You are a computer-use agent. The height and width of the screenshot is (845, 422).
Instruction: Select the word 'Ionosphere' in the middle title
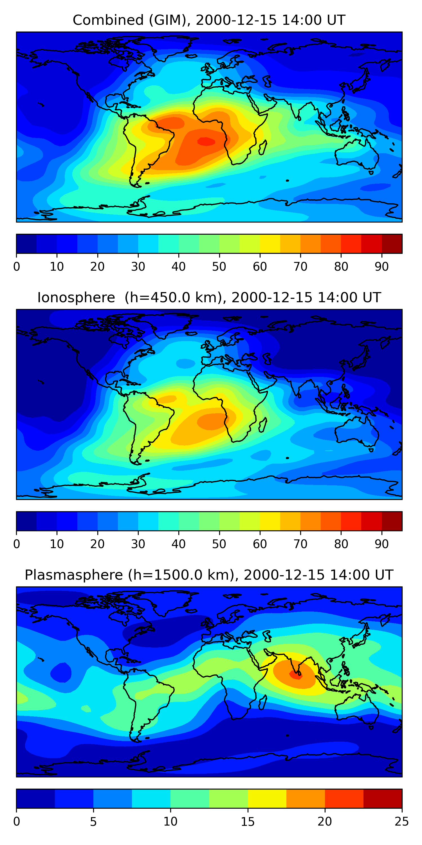click(76, 298)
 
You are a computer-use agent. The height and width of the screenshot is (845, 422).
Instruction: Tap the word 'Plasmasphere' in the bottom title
click(74, 575)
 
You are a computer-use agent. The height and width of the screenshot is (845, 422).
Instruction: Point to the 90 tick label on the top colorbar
click(382, 267)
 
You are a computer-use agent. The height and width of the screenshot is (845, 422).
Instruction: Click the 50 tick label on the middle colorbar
click(219, 544)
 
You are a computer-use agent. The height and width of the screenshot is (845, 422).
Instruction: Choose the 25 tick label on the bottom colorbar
click(402, 821)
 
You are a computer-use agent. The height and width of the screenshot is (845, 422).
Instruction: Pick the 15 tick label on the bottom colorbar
click(248, 821)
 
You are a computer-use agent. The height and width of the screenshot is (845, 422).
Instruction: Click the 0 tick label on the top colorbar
click(17, 267)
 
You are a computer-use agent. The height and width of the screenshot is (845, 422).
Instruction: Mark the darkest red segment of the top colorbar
click(392, 244)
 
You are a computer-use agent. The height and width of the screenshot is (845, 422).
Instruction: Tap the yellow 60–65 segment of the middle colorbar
click(270, 521)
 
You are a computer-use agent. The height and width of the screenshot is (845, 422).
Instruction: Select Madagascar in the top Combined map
click(262, 148)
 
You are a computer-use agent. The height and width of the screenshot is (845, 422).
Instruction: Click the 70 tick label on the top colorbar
click(300, 267)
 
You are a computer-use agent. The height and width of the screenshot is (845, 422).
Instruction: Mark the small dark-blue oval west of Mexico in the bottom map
click(60, 672)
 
